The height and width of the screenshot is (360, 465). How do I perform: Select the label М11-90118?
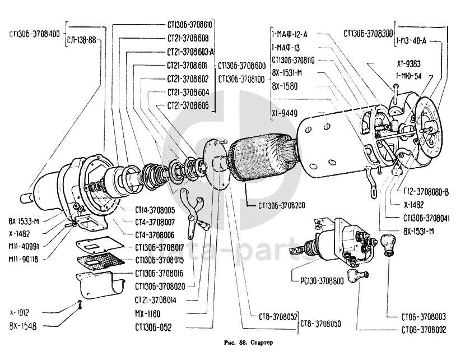point(24,260)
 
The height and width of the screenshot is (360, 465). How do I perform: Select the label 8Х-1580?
point(285,86)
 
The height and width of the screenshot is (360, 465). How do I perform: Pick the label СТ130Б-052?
point(153,326)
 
